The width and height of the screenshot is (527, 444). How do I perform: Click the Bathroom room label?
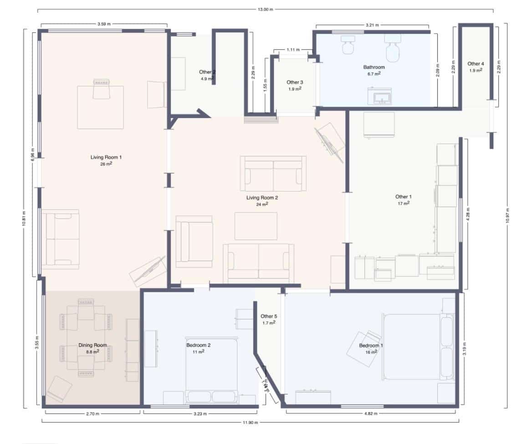pos(374,67)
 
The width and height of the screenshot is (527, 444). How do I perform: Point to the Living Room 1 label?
pos(106,157)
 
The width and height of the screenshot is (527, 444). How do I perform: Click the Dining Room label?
pos(93,345)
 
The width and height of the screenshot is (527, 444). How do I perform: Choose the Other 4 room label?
pos(476,64)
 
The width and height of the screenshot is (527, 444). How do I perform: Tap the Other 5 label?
pos(268,316)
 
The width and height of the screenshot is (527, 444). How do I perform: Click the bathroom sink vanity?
pos(379,96)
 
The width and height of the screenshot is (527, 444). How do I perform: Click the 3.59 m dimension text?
pos(104,24)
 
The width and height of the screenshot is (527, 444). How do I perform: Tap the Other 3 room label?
pos(295,83)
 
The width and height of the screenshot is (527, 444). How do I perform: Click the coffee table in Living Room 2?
pos(256,226)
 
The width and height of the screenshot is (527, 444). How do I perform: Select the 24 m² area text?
pos(262,204)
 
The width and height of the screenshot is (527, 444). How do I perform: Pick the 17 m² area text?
pos(403,203)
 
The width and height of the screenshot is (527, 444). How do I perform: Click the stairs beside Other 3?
pos(261,119)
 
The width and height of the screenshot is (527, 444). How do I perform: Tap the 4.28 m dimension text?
pos(468,214)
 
